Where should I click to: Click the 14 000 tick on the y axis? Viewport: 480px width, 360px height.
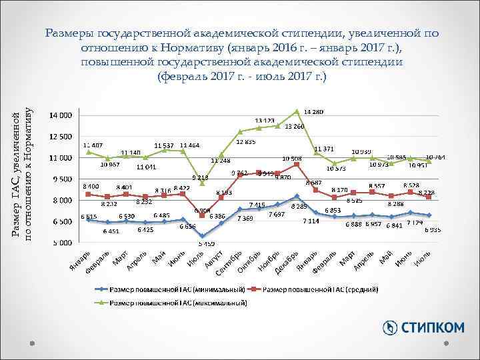(x=62, y=115)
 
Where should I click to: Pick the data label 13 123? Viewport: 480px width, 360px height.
(x=265, y=121)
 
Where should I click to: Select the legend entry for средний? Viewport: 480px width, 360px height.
(x=320, y=290)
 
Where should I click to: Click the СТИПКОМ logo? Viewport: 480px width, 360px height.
(x=423, y=327)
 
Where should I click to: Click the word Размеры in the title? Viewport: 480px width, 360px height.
(x=71, y=34)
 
